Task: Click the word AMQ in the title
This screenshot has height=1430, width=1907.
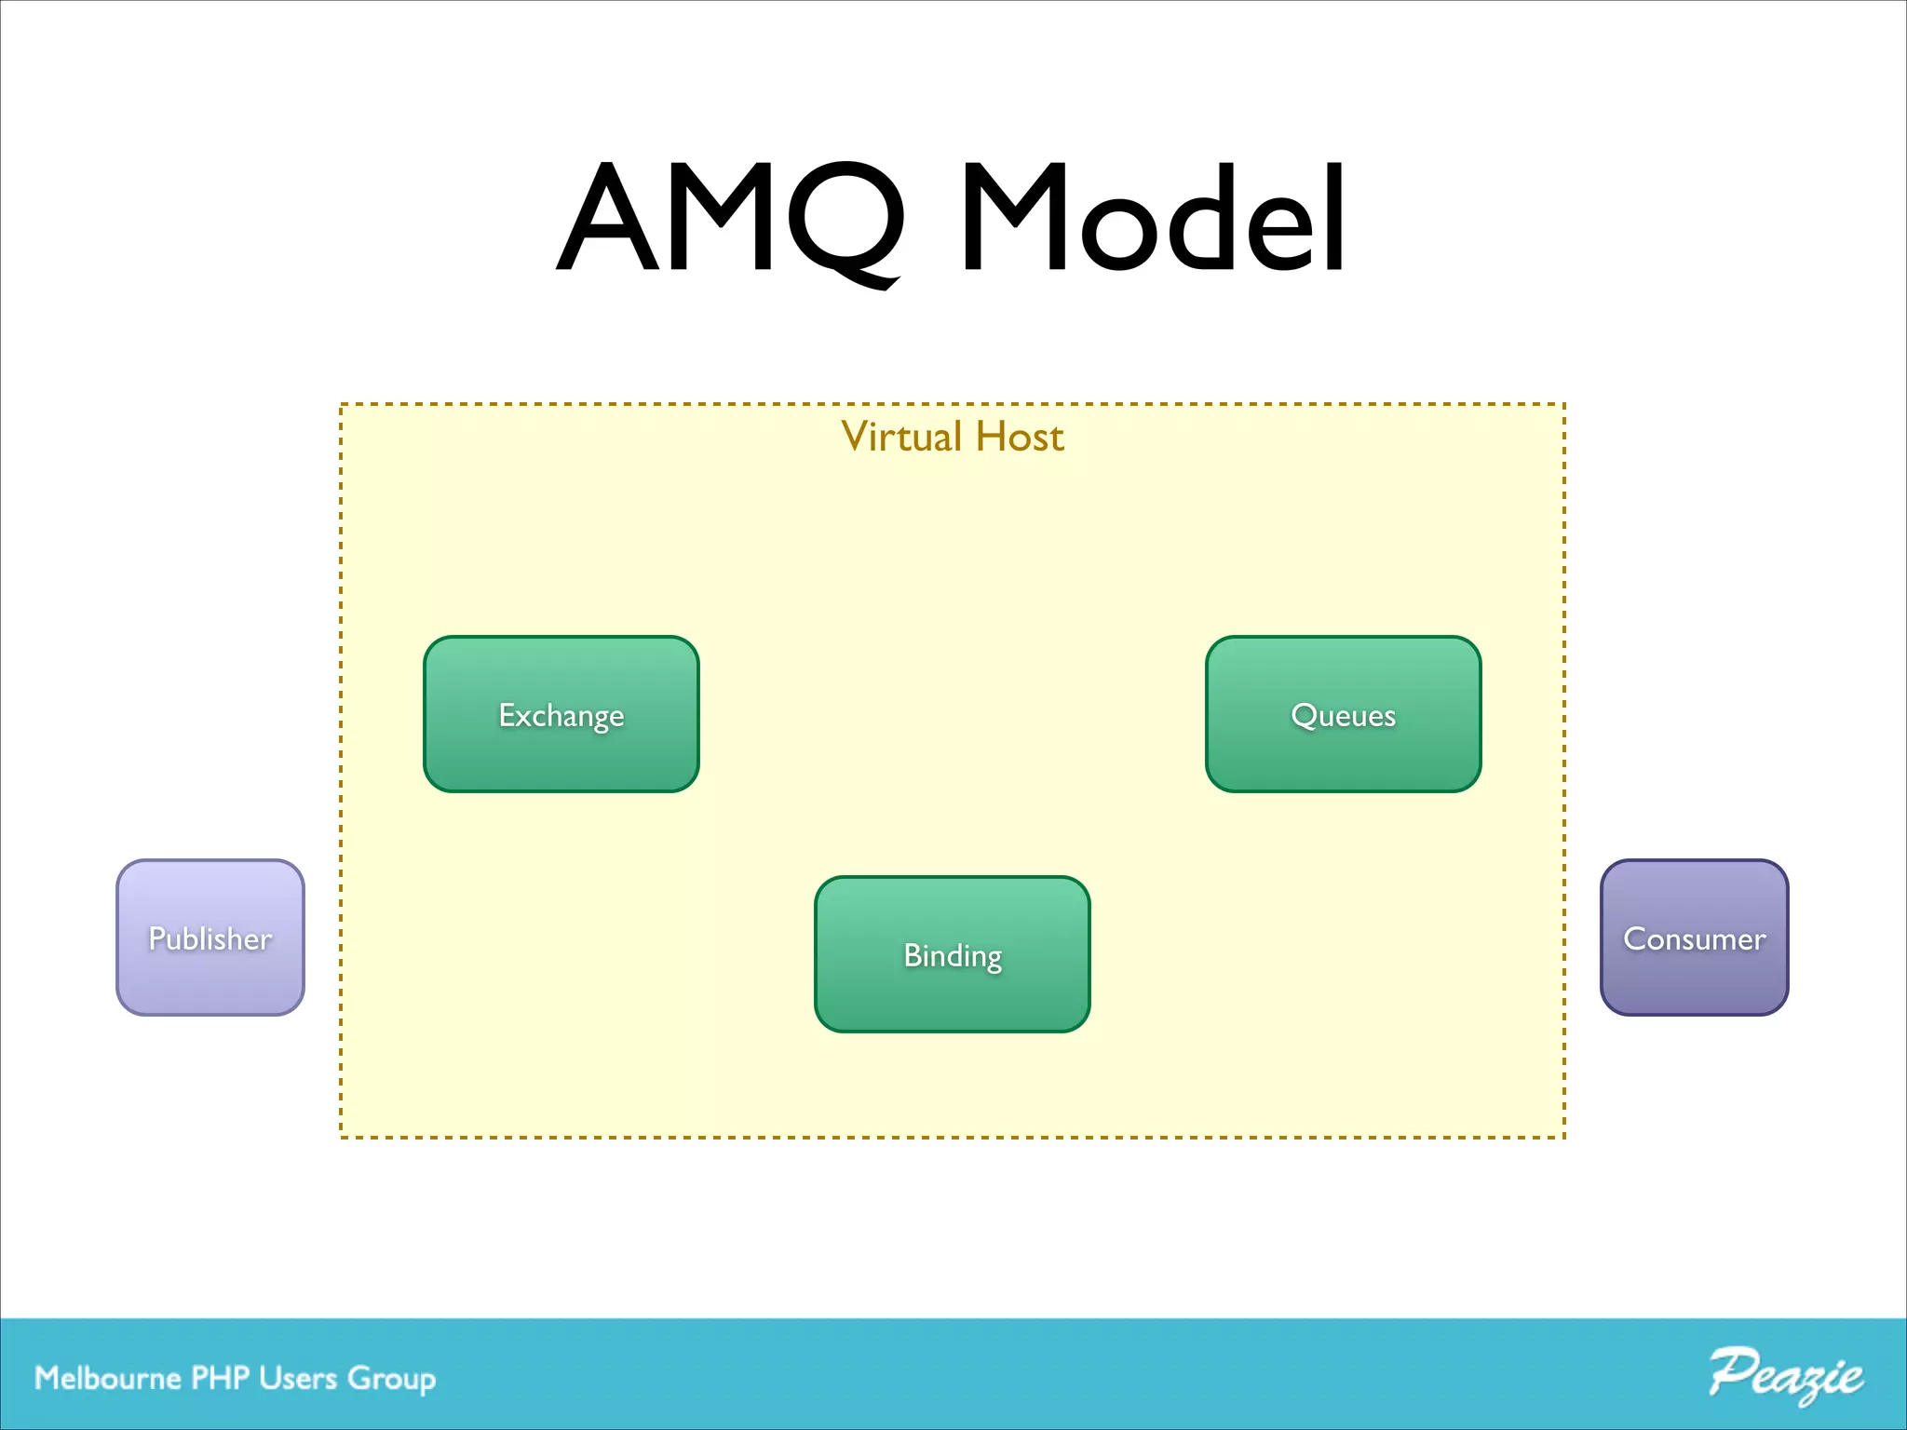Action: tap(732, 220)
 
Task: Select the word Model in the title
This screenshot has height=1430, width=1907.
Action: tap(1153, 220)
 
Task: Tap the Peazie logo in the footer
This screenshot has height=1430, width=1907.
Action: tap(1785, 1375)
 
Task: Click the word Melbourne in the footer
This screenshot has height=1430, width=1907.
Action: tap(108, 1378)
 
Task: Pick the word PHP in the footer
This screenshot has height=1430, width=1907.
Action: tap(221, 1378)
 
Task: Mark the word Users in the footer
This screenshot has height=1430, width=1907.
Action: tap(298, 1378)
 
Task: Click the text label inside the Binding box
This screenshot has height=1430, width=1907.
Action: tap(952, 956)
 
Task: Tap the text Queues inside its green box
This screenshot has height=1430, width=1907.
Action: tap(1343, 715)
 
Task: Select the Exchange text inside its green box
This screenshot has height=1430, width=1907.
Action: tap(561, 716)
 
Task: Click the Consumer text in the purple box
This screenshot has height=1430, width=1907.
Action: tap(1694, 938)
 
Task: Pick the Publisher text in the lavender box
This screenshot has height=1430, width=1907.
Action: tap(210, 938)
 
